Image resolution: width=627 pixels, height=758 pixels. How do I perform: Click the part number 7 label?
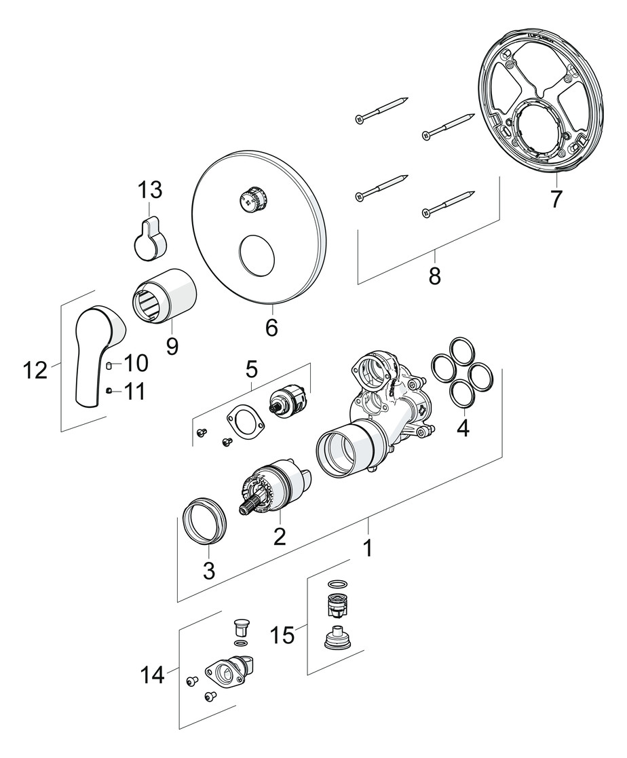pyautogui.click(x=556, y=200)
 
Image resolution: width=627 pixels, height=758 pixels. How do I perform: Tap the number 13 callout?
pyautogui.click(x=151, y=190)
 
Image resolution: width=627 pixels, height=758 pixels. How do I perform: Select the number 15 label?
pyautogui.click(x=283, y=635)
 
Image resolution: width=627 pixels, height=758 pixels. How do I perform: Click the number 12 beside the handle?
pyautogui.click(x=35, y=370)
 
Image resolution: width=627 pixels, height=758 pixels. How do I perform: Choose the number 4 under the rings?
pyautogui.click(x=463, y=429)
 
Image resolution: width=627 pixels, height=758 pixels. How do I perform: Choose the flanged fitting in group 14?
pyautogui.click(x=229, y=672)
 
